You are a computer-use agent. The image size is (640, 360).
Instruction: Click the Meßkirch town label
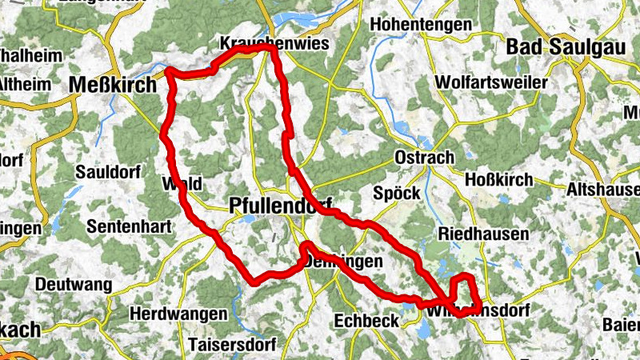click(x=113, y=84)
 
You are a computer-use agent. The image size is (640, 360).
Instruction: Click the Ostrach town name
click(x=425, y=158)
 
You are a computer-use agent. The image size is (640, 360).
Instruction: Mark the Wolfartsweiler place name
click(x=491, y=82)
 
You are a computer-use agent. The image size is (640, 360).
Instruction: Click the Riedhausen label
click(x=483, y=234)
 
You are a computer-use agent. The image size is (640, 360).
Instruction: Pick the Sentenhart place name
click(x=129, y=226)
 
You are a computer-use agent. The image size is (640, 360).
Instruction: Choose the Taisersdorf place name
click(x=233, y=345)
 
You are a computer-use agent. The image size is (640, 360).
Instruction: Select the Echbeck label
click(x=365, y=319)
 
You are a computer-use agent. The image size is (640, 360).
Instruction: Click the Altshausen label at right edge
click(x=602, y=190)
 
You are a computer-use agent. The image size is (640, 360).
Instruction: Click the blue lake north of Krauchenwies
click(x=296, y=18)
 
